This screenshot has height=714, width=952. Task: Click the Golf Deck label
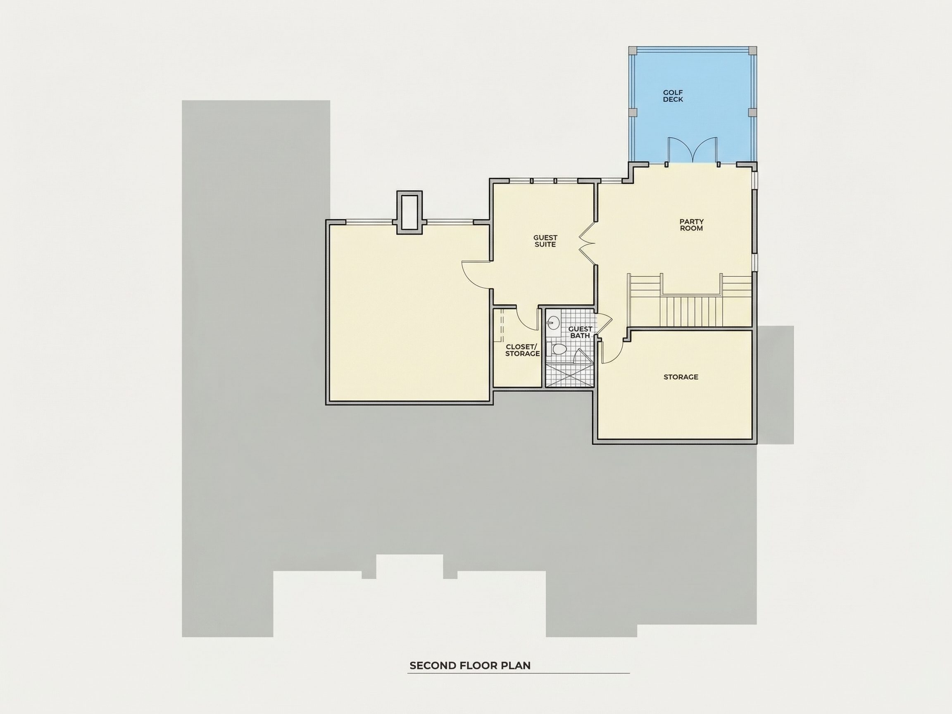[x=673, y=96]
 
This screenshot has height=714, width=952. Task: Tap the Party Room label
[x=691, y=225]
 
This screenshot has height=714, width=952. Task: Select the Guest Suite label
[x=545, y=241]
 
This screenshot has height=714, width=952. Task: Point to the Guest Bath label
[x=580, y=332]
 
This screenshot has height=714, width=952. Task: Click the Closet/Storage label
[x=522, y=350]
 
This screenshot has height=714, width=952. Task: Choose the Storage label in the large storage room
[x=681, y=377]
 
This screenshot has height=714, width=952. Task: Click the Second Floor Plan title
[x=470, y=665]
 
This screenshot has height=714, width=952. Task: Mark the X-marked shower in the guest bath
[x=569, y=376]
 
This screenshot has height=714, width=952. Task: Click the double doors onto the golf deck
[x=692, y=150]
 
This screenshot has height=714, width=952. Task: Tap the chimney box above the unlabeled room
[x=410, y=213]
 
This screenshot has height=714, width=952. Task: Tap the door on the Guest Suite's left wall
[x=477, y=276]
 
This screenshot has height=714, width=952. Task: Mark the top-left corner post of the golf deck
[x=633, y=50]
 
